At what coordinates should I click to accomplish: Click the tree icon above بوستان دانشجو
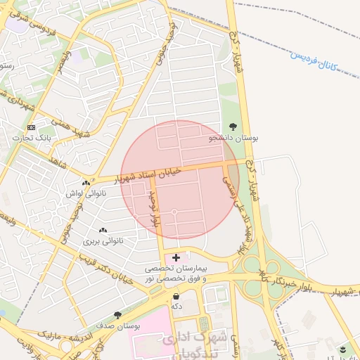(233, 127)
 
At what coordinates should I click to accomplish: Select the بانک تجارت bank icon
(31, 127)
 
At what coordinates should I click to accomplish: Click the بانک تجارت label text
(31, 139)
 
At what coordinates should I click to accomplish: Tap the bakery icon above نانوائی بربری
(103, 230)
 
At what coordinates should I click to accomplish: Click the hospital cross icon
(176, 258)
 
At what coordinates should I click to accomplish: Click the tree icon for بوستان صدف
(117, 315)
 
